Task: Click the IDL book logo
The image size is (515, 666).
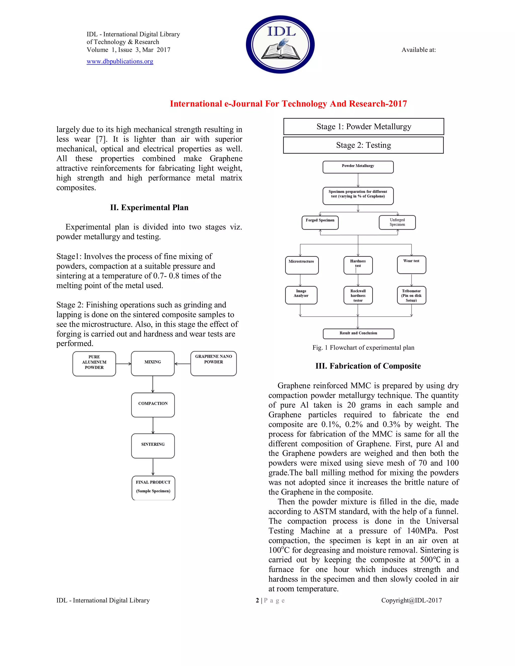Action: [x=280, y=44]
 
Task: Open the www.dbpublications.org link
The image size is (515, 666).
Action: [x=120, y=61]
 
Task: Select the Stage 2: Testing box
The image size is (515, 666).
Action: [x=363, y=145]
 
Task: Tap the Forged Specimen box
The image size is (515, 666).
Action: [x=320, y=223]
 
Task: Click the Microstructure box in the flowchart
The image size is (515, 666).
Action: [x=302, y=265]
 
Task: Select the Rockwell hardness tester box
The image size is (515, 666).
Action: [x=358, y=295]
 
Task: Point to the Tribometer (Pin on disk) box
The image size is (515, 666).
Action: [x=411, y=295]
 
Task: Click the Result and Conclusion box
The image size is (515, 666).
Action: [x=358, y=333]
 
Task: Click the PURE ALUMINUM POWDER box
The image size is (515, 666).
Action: [x=94, y=363]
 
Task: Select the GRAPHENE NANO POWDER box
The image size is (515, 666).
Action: [x=213, y=363]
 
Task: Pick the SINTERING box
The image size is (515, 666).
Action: [x=153, y=446]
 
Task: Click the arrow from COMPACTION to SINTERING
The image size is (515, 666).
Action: [x=153, y=425]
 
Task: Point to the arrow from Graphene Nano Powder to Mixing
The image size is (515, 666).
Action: [x=183, y=363]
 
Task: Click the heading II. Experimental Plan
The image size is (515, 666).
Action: [x=149, y=208]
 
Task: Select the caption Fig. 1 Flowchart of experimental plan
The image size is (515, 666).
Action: [x=363, y=348]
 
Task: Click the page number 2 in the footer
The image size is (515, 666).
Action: [x=257, y=600]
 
